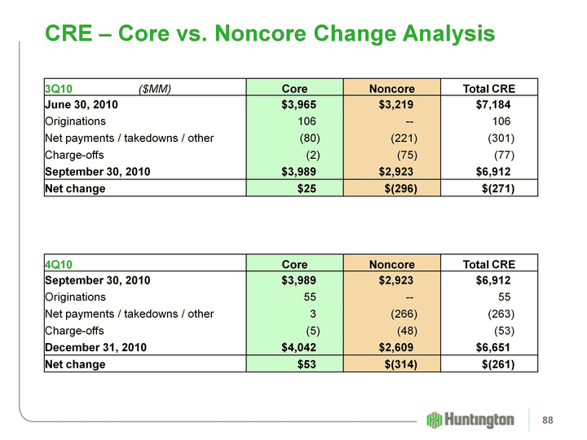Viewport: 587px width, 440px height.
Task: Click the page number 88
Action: click(x=559, y=420)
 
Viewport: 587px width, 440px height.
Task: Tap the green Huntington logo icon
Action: click(x=435, y=420)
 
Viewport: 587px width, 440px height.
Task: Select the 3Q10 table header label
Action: click(x=58, y=88)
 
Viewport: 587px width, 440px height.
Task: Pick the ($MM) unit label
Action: click(x=155, y=88)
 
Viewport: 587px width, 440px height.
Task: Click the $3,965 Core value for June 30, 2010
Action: click(x=293, y=103)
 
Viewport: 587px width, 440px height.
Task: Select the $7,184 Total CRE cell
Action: click(x=494, y=103)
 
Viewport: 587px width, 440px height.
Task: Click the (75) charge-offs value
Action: click(x=407, y=155)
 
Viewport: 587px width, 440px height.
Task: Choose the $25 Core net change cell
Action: click(x=307, y=189)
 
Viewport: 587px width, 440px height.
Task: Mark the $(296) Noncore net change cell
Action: click(x=399, y=189)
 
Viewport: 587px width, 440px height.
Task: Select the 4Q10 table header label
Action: click(x=58, y=264)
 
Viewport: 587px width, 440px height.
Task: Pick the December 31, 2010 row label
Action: click(x=95, y=347)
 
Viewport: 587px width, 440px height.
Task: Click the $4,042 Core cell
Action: click(x=293, y=347)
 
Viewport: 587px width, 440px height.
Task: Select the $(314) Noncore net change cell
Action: click(x=399, y=364)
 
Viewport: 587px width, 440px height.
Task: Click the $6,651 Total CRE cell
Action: click(x=494, y=347)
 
